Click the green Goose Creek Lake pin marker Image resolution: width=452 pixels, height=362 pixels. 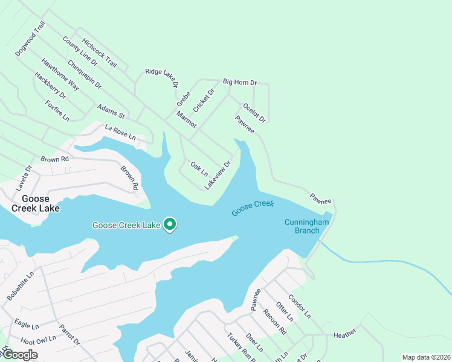tap(170, 224)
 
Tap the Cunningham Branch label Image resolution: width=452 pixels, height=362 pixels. tap(306, 226)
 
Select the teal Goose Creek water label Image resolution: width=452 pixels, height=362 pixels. tap(253, 208)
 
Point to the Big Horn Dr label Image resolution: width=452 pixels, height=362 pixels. tap(240, 81)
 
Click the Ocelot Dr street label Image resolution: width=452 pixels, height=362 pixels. tap(254, 114)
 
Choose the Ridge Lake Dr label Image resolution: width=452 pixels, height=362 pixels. tap(161, 79)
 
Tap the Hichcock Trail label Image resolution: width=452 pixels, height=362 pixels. tap(100, 53)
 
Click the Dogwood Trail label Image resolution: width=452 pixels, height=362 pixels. tap(30, 39)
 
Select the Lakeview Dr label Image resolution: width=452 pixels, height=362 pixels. tap(218, 175)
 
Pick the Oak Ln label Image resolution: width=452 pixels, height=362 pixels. tap(199, 167)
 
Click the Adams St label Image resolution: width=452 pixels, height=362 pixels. tap(111, 111)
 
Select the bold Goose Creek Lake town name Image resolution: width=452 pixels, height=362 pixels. tap(36, 203)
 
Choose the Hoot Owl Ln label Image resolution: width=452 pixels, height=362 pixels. tap(38, 339)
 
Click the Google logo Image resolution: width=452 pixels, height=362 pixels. tap(20, 355)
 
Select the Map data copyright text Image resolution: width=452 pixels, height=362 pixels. tap(425, 357)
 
